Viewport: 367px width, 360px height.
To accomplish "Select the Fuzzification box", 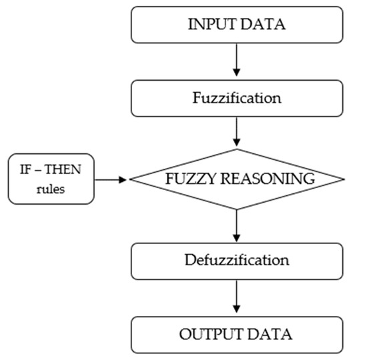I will [x=238, y=97].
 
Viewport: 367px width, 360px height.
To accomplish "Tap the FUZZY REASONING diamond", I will [x=238, y=179].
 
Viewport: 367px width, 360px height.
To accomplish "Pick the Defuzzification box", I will [x=238, y=261].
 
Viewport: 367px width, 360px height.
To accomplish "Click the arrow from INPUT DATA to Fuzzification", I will [x=238, y=63].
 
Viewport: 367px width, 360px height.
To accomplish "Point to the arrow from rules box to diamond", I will [x=112, y=179].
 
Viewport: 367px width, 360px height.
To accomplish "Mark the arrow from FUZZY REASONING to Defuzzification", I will [x=238, y=227].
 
